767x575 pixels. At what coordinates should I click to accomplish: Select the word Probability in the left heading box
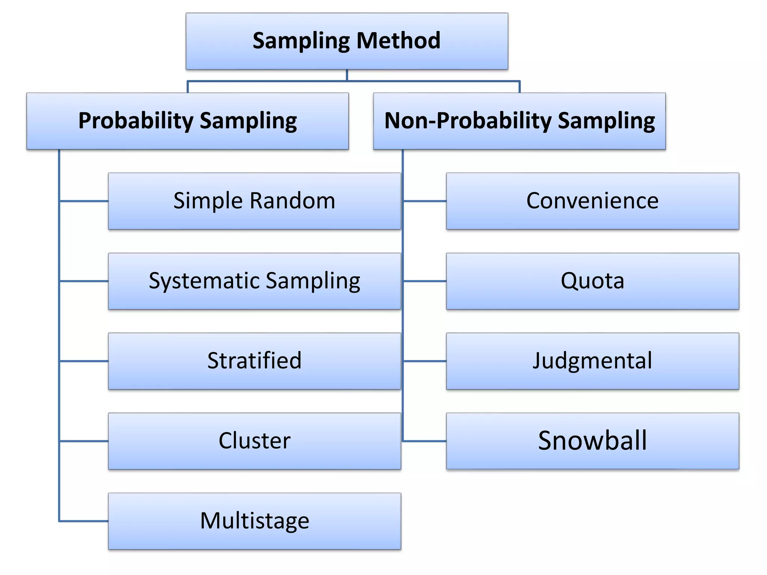point(136,121)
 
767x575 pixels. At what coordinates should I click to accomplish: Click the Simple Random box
point(254,201)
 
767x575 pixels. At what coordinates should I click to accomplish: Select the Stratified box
point(254,361)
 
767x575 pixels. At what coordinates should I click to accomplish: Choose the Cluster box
point(254,441)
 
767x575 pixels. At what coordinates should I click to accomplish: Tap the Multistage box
point(254,521)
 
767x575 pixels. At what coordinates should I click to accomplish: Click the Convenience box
point(592,201)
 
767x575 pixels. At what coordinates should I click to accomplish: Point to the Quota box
point(592,281)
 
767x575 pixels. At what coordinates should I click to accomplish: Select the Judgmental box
point(592,361)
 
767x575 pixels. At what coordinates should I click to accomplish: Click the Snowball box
point(592,441)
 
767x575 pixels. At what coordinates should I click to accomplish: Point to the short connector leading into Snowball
point(425,441)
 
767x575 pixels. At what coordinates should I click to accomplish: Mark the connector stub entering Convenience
point(425,201)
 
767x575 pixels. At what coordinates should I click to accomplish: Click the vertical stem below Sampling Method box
point(347,75)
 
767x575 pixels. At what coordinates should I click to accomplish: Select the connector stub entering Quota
point(425,281)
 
